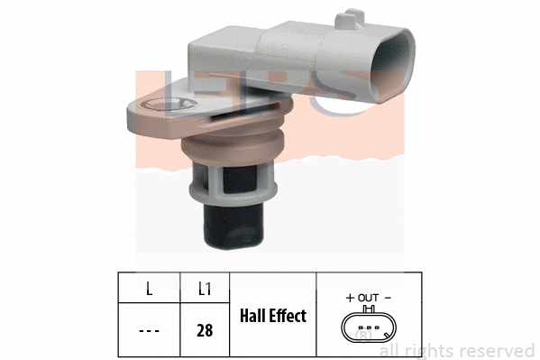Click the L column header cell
coord(149,289)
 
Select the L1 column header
coord(205,289)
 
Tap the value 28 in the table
coord(205,330)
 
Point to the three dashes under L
coord(149,330)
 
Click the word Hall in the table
coord(257,316)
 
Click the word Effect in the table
coord(289,316)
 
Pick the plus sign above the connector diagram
coord(350,297)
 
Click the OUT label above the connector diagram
coord(368,297)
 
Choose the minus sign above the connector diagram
coord(388,297)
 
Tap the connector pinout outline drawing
coord(368,327)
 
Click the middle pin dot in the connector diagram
coord(368,327)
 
